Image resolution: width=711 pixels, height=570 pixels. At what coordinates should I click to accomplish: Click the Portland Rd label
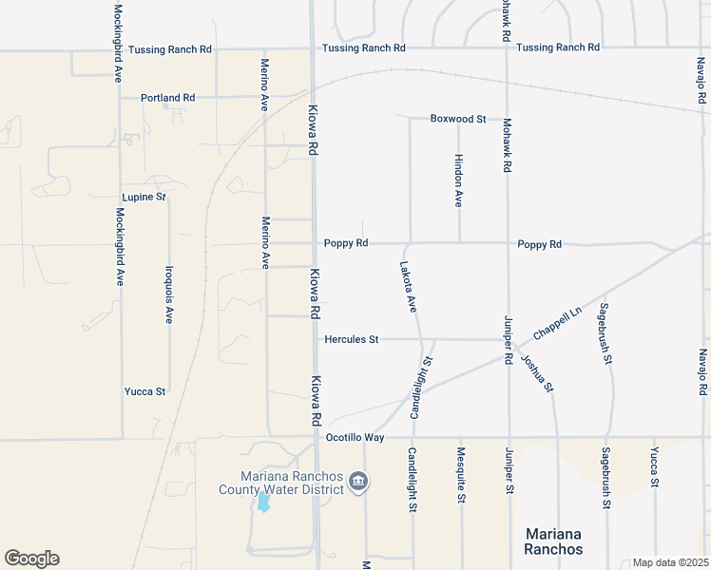pos(167,98)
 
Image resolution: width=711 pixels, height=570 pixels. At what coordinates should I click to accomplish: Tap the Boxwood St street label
pos(457,119)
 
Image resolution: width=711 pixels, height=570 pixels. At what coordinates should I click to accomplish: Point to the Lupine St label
pos(144,197)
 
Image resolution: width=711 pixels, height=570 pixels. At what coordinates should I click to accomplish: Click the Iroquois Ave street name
pos(168,294)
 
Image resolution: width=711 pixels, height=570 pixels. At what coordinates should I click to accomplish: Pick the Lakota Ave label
pos(408,287)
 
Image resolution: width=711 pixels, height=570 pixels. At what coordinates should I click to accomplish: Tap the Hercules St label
pos(352,339)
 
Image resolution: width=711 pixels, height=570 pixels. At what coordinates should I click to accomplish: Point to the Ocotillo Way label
pos(355,438)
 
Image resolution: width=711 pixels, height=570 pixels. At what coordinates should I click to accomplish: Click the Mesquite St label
pos(461,475)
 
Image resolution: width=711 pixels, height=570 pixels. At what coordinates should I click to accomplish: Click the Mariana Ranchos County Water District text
pos(280,484)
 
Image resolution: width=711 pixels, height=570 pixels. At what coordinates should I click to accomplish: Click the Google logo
pos(31,559)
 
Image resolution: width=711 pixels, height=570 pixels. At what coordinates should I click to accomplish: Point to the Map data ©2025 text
pos(670,562)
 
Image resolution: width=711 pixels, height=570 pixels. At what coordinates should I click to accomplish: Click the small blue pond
pos(263,503)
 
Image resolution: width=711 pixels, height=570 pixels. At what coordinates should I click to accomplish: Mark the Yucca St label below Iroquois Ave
pos(144,391)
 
